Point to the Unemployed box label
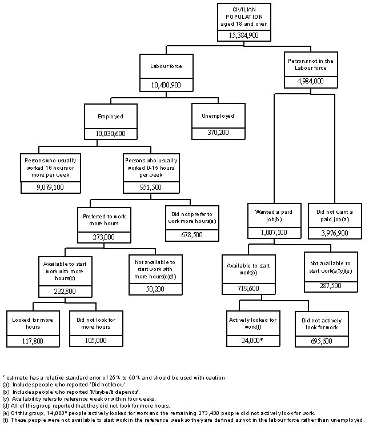(218, 116)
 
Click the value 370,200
(218, 133)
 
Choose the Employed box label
(110, 116)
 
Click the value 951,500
(151, 186)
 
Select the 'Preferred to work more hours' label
(103, 217)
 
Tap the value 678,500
(188, 235)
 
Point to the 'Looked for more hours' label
(33, 323)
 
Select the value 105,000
(96, 341)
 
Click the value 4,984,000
(311, 81)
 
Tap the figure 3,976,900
(335, 233)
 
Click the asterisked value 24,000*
(252, 341)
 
